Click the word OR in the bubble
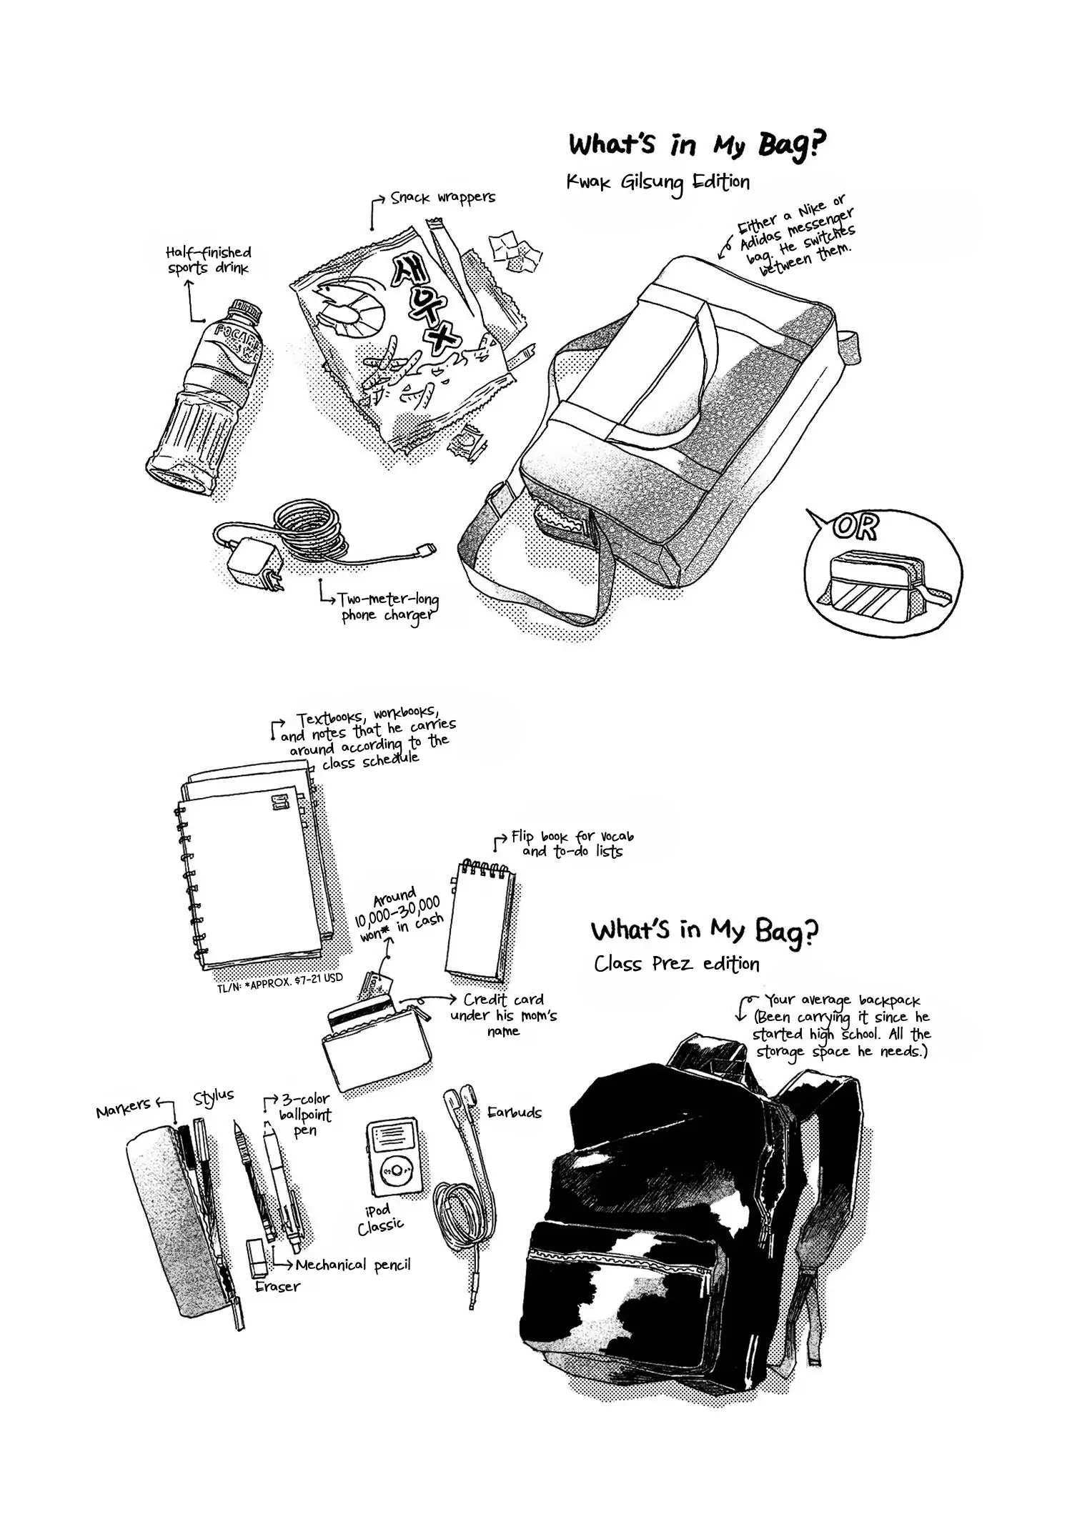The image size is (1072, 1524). click(856, 528)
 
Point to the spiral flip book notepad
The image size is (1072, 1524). click(481, 921)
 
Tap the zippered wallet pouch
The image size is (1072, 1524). click(377, 1043)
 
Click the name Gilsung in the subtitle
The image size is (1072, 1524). click(652, 184)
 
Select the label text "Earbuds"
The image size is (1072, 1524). click(514, 1112)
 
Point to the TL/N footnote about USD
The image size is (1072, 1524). click(279, 978)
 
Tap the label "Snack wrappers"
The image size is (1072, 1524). click(442, 197)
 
